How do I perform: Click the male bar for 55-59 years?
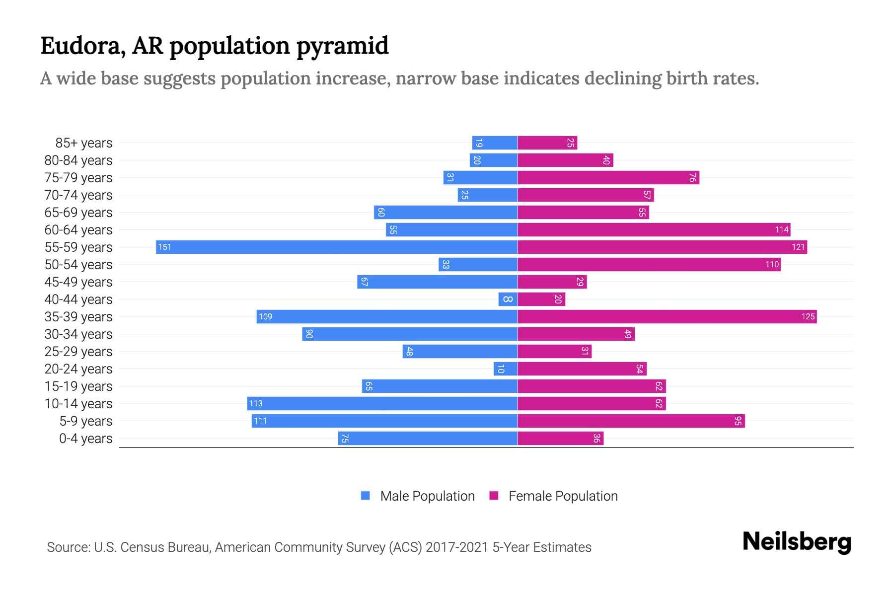pyautogui.click(x=337, y=247)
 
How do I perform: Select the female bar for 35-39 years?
pyautogui.click(x=667, y=316)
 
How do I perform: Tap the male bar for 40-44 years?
pyautogui.click(x=508, y=299)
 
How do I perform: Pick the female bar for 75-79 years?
pyautogui.click(x=608, y=177)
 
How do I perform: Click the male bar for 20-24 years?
pyautogui.click(x=506, y=369)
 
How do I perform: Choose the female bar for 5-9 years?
pyautogui.click(x=631, y=421)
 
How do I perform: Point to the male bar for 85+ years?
pyautogui.click(x=495, y=143)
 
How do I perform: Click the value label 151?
pyautogui.click(x=164, y=247)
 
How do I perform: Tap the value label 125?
pyautogui.click(x=808, y=316)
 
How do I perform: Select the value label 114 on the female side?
pyautogui.click(x=781, y=229)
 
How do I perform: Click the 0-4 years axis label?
pyautogui.click(x=85, y=439)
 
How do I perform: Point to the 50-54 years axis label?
pyautogui.click(x=78, y=265)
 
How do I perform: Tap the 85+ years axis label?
pyautogui.click(x=84, y=143)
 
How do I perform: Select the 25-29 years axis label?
pyautogui.click(x=78, y=352)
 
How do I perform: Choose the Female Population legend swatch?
pyautogui.click(x=494, y=496)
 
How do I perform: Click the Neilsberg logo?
pyautogui.click(x=797, y=542)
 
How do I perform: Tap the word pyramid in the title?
pyautogui.click(x=343, y=46)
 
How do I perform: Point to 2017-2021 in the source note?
pyautogui.click(x=457, y=547)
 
